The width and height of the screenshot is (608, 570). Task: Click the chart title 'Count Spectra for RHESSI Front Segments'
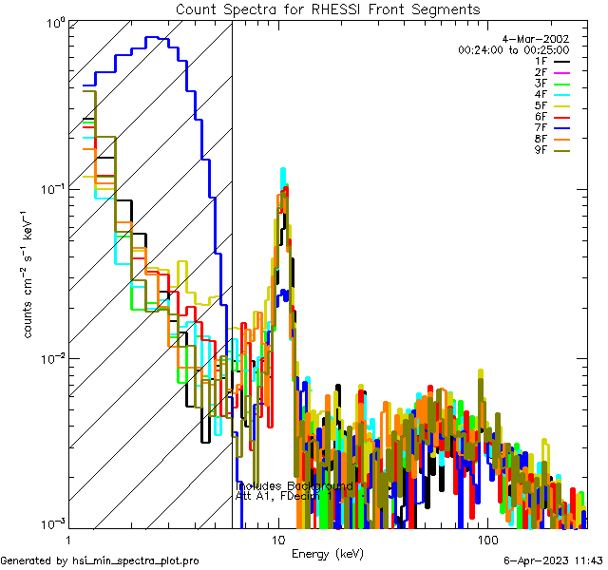[328, 9]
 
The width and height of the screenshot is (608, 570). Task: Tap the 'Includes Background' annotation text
[294, 486]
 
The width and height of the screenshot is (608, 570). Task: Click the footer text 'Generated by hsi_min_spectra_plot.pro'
[100, 560]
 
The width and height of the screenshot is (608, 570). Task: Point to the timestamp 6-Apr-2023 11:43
[552, 560]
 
